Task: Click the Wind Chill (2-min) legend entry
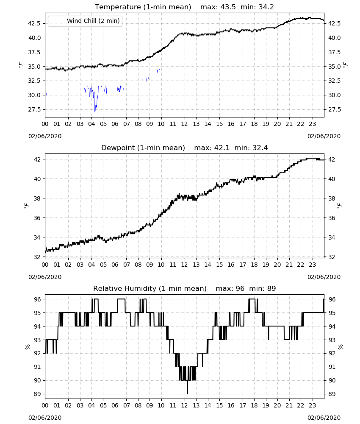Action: (x=85, y=21)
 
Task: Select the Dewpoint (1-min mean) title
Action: (x=143, y=148)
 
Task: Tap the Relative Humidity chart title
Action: (x=150, y=288)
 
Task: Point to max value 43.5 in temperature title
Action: (x=228, y=7)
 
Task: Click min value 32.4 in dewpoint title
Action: (x=260, y=148)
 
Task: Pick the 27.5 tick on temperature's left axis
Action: (x=35, y=109)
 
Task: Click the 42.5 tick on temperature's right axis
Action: (x=334, y=23)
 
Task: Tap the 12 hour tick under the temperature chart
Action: (x=185, y=124)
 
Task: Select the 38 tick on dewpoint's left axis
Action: (x=37, y=198)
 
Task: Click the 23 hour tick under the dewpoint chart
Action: (x=313, y=265)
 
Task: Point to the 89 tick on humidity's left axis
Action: (x=37, y=394)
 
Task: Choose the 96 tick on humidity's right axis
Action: (x=332, y=299)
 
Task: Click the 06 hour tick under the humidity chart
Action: (x=115, y=405)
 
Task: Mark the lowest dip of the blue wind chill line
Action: (x=95, y=112)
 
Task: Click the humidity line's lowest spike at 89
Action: (x=187, y=393)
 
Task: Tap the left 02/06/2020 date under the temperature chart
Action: (x=45, y=136)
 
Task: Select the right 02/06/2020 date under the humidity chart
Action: (x=324, y=418)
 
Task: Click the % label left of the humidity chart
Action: (x=27, y=347)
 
